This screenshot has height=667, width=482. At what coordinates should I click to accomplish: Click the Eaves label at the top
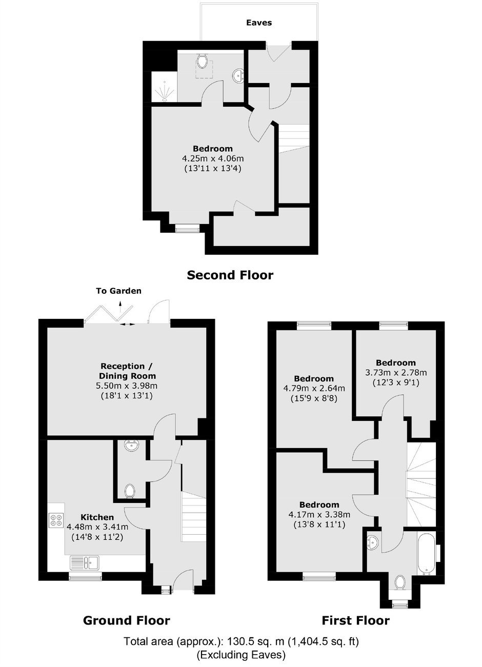click(x=259, y=23)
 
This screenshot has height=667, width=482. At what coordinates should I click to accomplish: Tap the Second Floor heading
click(x=230, y=275)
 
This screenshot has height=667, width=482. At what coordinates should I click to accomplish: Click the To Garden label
click(x=118, y=291)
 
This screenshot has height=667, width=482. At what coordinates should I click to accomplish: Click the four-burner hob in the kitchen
click(x=56, y=520)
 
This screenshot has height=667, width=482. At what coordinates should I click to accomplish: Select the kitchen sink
click(x=85, y=563)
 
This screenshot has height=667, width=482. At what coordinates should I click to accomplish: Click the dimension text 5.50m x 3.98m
click(x=127, y=386)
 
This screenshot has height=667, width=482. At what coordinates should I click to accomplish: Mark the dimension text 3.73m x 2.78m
click(x=396, y=372)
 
